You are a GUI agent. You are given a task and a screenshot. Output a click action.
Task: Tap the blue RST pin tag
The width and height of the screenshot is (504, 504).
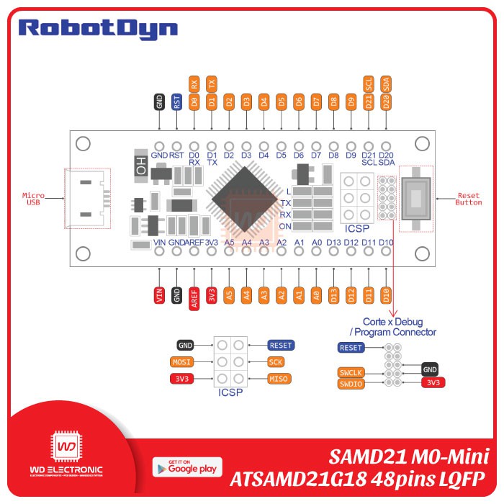point(176,102)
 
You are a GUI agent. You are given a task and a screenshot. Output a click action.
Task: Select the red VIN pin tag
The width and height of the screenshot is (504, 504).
point(159,297)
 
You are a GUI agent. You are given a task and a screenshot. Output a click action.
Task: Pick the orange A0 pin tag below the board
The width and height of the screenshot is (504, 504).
point(316,294)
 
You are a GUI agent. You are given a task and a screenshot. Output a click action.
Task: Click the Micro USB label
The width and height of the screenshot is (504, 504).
point(34,199)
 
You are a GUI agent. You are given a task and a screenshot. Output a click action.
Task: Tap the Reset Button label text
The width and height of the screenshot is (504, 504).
point(469,199)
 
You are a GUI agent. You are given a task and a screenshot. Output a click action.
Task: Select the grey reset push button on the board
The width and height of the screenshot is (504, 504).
point(416,196)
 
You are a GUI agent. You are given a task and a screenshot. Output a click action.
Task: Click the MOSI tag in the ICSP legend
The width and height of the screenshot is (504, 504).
point(181,362)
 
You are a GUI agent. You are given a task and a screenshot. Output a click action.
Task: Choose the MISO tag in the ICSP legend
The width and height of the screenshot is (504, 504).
point(278,379)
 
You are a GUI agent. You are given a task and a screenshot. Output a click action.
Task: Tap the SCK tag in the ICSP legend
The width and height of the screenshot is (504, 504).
point(276,362)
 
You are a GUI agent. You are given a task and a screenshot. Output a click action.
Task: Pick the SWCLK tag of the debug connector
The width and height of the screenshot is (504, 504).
point(351,372)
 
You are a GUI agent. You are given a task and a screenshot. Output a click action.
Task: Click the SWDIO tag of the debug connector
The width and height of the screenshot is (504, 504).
point(351,384)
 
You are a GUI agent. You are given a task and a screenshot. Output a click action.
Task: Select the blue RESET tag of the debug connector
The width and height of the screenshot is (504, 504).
point(351,348)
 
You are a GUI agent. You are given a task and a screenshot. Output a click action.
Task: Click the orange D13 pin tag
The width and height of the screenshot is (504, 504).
point(333,294)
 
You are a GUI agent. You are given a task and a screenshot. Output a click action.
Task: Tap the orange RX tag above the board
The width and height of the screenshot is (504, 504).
point(194,84)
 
